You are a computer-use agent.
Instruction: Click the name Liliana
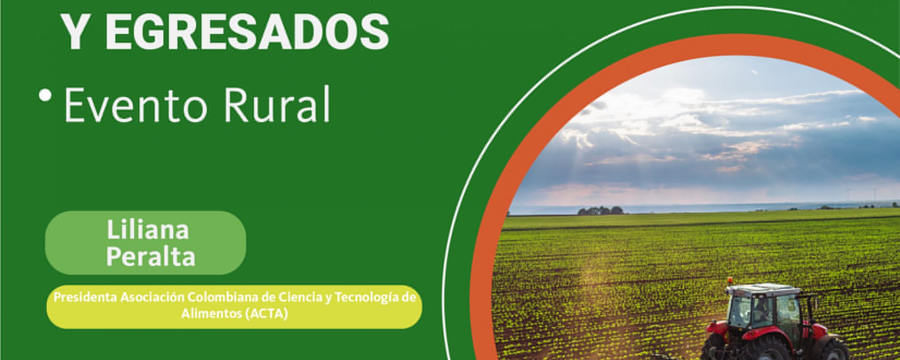[x=148, y=230]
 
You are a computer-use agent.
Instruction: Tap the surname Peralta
[x=151, y=257]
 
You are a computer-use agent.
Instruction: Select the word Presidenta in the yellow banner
[x=85, y=297]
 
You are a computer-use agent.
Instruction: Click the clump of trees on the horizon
[x=600, y=210]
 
